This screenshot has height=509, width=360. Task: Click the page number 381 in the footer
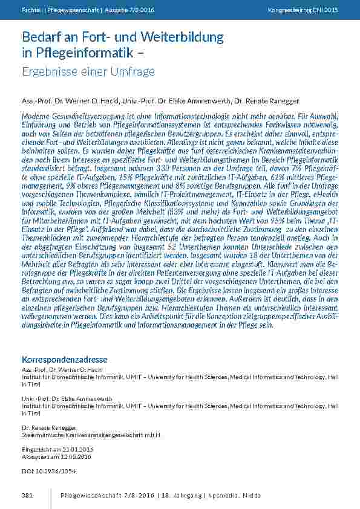point(26,496)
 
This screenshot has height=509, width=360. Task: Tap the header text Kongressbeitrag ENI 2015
point(303,11)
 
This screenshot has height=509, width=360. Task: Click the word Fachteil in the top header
point(31,11)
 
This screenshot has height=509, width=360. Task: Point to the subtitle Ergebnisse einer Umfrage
point(88,72)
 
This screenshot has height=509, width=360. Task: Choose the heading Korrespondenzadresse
point(64,358)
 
